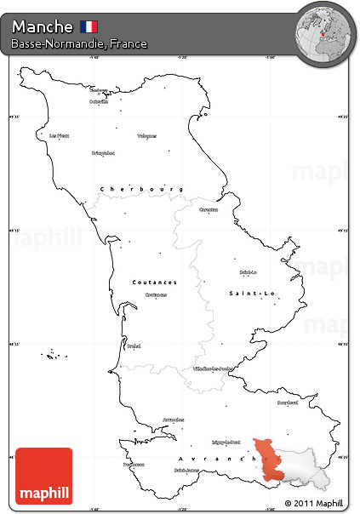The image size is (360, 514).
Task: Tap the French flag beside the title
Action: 89,26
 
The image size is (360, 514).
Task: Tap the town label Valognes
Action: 146,135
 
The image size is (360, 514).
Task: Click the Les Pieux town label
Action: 58,135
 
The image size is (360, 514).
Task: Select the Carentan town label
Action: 208,208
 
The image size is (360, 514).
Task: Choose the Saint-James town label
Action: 186,470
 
